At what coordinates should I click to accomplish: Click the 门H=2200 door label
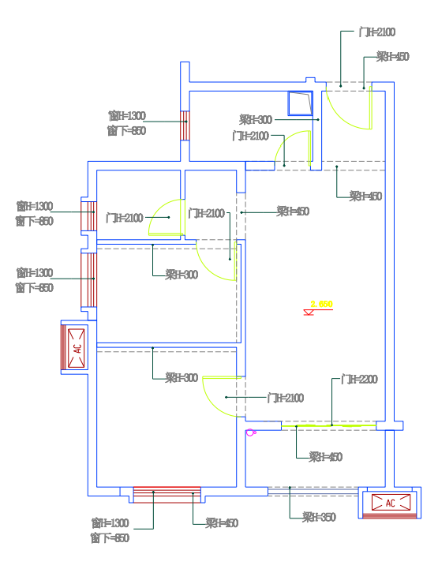[359, 380]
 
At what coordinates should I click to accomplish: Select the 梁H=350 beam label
[319, 517]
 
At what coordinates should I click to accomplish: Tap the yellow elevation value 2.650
[321, 303]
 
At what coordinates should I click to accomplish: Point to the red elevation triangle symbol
[310, 313]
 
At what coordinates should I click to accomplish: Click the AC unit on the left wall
[77, 347]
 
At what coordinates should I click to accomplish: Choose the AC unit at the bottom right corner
[389, 503]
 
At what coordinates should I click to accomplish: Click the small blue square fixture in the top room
[300, 104]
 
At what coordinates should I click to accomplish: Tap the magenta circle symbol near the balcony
[251, 432]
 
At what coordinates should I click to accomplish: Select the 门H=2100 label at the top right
[376, 32]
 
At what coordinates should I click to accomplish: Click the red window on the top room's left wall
[185, 125]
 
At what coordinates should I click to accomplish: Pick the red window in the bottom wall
[167, 494]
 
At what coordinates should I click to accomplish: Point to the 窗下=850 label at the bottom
[110, 538]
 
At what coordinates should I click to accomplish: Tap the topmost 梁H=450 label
[392, 57]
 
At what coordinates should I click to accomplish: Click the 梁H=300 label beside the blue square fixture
[256, 120]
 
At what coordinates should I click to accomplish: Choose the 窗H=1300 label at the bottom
[110, 523]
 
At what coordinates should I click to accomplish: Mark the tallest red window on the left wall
[87, 279]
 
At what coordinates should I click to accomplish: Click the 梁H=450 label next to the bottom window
[222, 523]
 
